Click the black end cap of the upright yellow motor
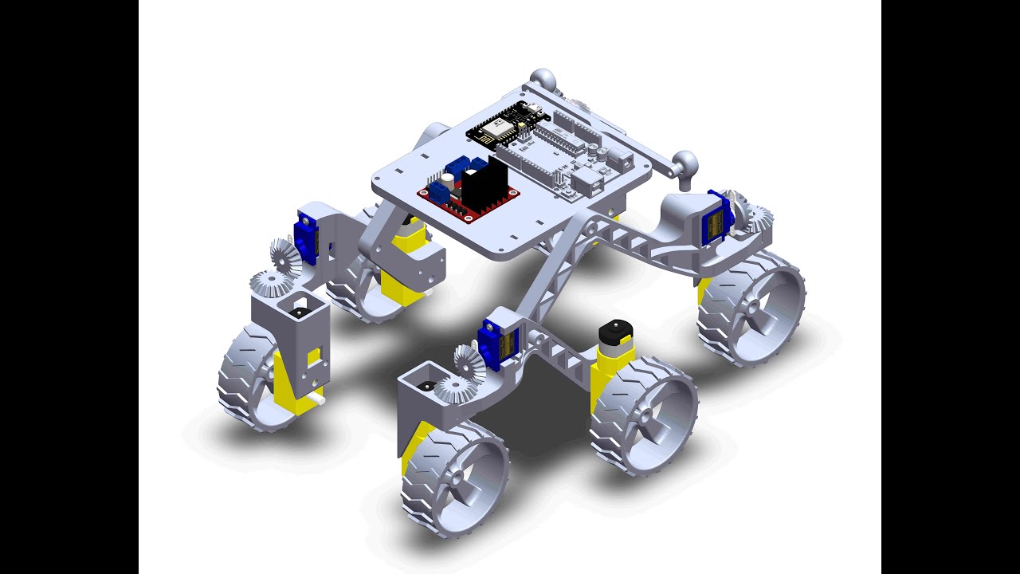(614, 329)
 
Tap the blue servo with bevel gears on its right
(716, 217)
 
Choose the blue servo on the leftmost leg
(307, 235)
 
